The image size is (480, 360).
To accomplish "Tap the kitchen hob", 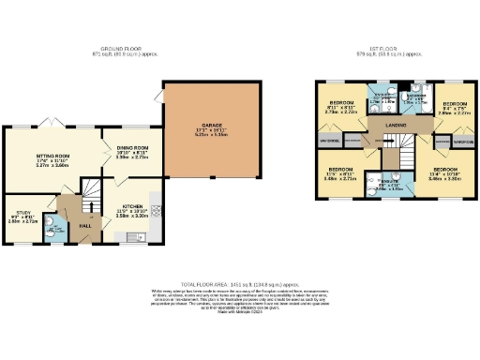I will tap(156, 208).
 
